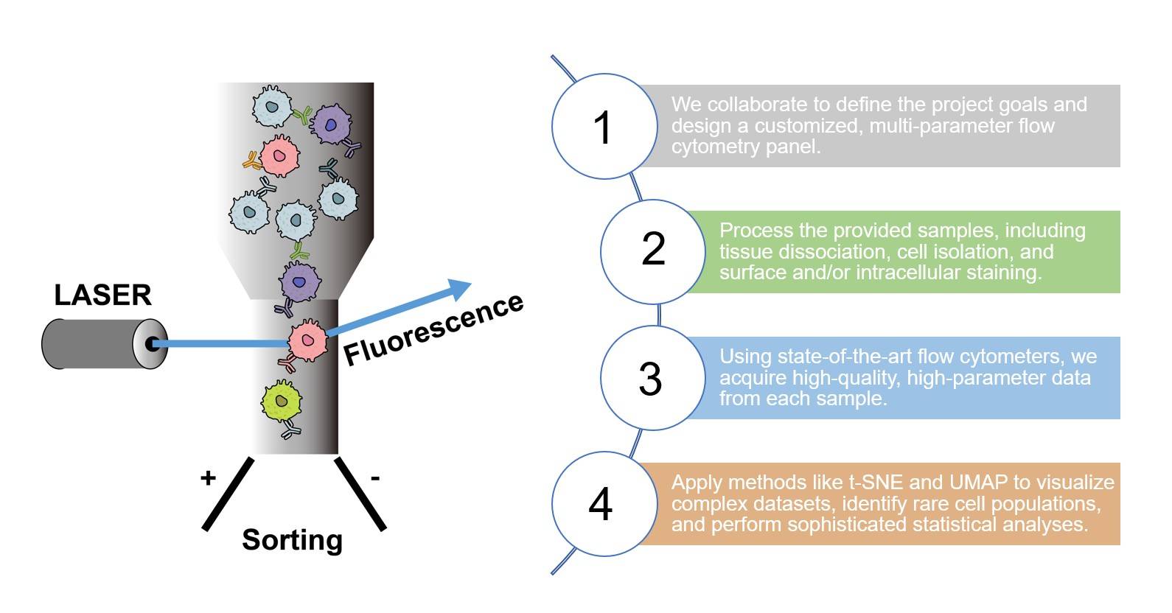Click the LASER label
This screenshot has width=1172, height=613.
pos(102,295)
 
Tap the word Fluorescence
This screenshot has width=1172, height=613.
pos(433,329)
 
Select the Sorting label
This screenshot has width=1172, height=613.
pos(292,540)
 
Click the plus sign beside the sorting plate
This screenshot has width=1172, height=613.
pos(208,478)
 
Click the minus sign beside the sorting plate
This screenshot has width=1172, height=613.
pos(375,479)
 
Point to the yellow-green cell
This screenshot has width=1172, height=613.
pos(282,401)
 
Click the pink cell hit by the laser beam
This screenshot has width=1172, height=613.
pos(307,340)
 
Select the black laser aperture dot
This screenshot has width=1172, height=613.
pos(152,344)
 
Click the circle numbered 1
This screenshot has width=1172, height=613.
pos(604,126)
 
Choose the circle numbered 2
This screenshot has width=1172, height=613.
pos(652,251)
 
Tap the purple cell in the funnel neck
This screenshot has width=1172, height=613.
pos(299,281)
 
